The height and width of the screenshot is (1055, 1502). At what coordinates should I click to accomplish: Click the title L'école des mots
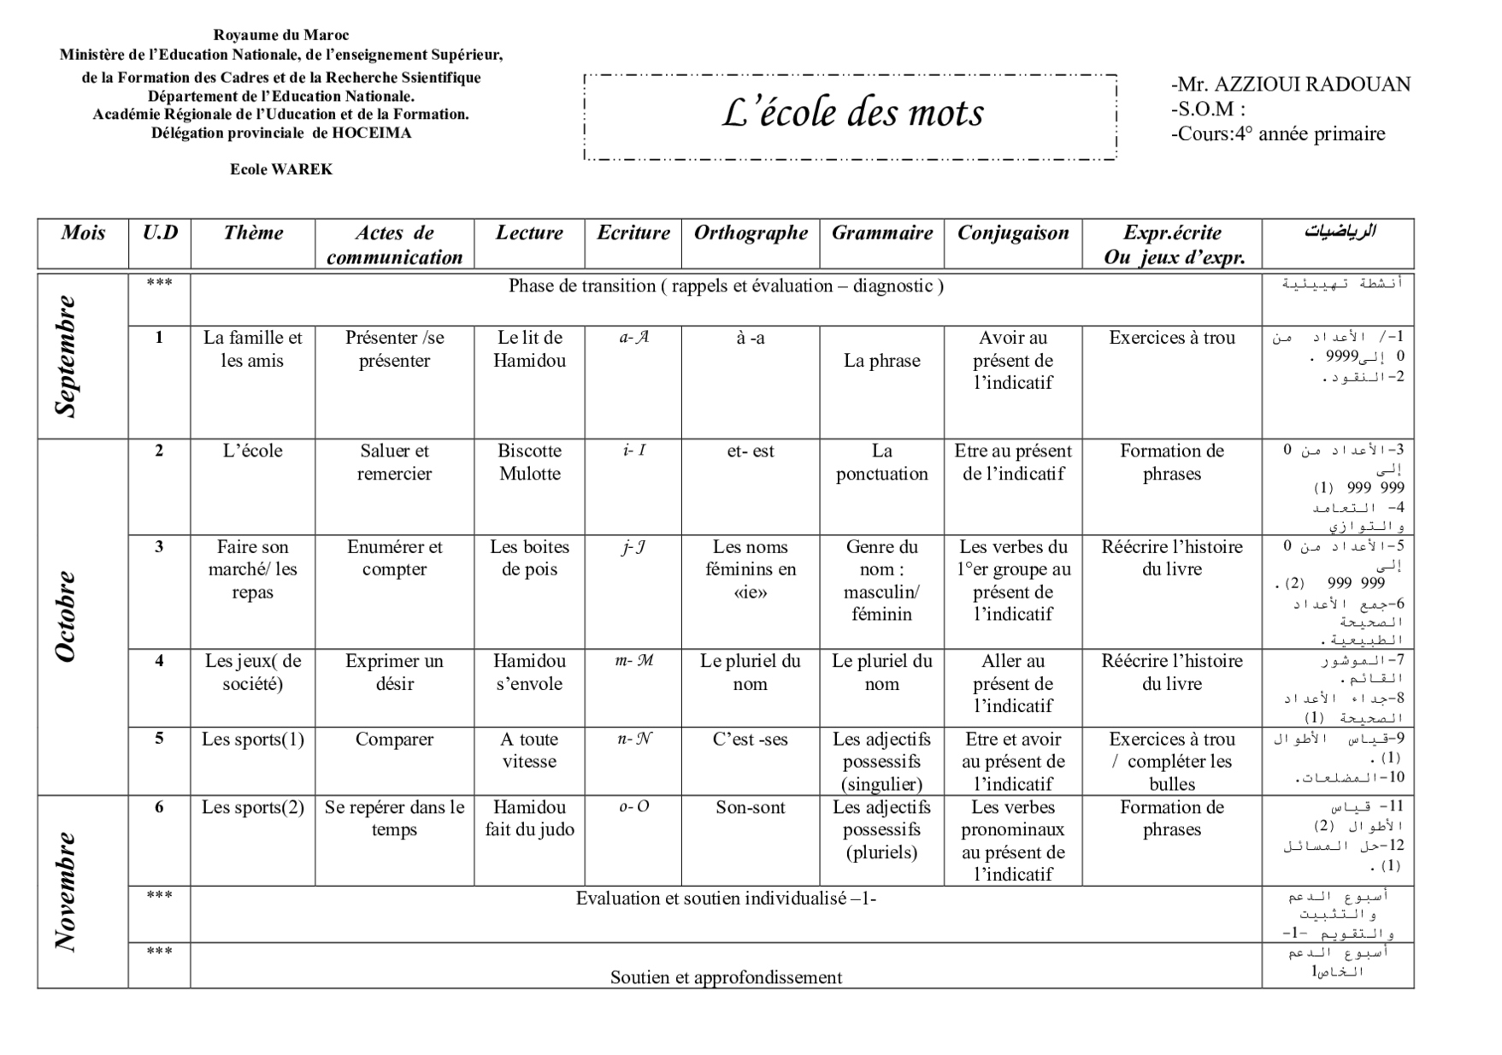pyautogui.click(x=852, y=114)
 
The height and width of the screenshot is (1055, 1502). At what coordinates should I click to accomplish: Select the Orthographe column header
pyautogui.click(x=751, y=233)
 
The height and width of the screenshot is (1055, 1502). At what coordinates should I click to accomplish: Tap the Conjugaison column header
pyautogui.click(x=1013, y=233)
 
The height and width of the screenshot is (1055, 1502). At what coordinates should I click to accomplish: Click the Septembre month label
pyautogui.click(x=66, y=356)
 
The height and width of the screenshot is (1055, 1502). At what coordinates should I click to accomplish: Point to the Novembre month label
pyautogui.click(x=66, y=891)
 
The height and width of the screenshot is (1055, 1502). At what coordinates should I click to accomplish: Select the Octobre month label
pyautogui.click(x=66, y=616)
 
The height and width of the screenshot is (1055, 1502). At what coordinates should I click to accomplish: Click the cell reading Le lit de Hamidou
pyautogui.click(x=529, y=349)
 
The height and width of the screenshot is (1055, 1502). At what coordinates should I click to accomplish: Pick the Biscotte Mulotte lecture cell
pyautogui.click(x=529, y=463)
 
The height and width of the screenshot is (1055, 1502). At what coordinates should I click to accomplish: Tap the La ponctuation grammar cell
pyautogui.click(x=881, y=463)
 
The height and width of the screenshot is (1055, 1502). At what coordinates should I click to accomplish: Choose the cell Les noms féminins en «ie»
pyautogui.click(x=751, y=569)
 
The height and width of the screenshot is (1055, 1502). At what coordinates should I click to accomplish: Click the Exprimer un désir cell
pyautogui.click(x=394, y=672)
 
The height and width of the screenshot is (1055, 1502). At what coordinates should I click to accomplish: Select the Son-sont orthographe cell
pyautogui.click(x=751, y=807)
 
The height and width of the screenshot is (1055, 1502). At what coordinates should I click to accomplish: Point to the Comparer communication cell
pyautogui.click(x=394, y=740)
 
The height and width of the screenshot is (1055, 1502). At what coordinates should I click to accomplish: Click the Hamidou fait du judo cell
pyautogui.click(x=529, y=818)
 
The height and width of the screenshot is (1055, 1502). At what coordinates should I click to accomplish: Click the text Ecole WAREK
pyautogui.click(x=281, y=169)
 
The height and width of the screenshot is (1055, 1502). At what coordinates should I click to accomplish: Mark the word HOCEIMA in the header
pyautogui.click(x=372, y=133)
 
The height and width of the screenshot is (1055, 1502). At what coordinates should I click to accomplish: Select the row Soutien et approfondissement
pyautogui.click(x=726, y=977)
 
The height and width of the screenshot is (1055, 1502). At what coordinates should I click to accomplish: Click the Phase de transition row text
pyautogui.click(x=726, y=286)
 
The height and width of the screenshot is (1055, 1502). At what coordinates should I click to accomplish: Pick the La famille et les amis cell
pyautogui.click(x=252, y=349)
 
